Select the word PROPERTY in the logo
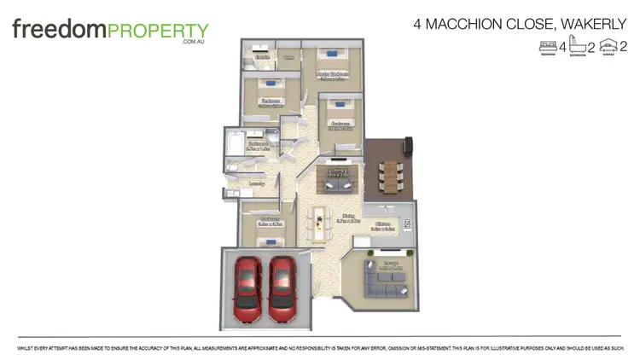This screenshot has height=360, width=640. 157,30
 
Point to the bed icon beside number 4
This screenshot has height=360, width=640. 548,46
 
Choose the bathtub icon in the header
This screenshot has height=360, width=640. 578,46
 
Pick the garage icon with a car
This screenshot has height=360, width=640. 608,46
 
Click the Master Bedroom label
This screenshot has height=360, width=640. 332,75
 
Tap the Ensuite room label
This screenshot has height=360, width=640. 262,57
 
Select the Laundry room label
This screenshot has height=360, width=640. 256,183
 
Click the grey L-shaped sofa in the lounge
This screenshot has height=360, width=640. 385,281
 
